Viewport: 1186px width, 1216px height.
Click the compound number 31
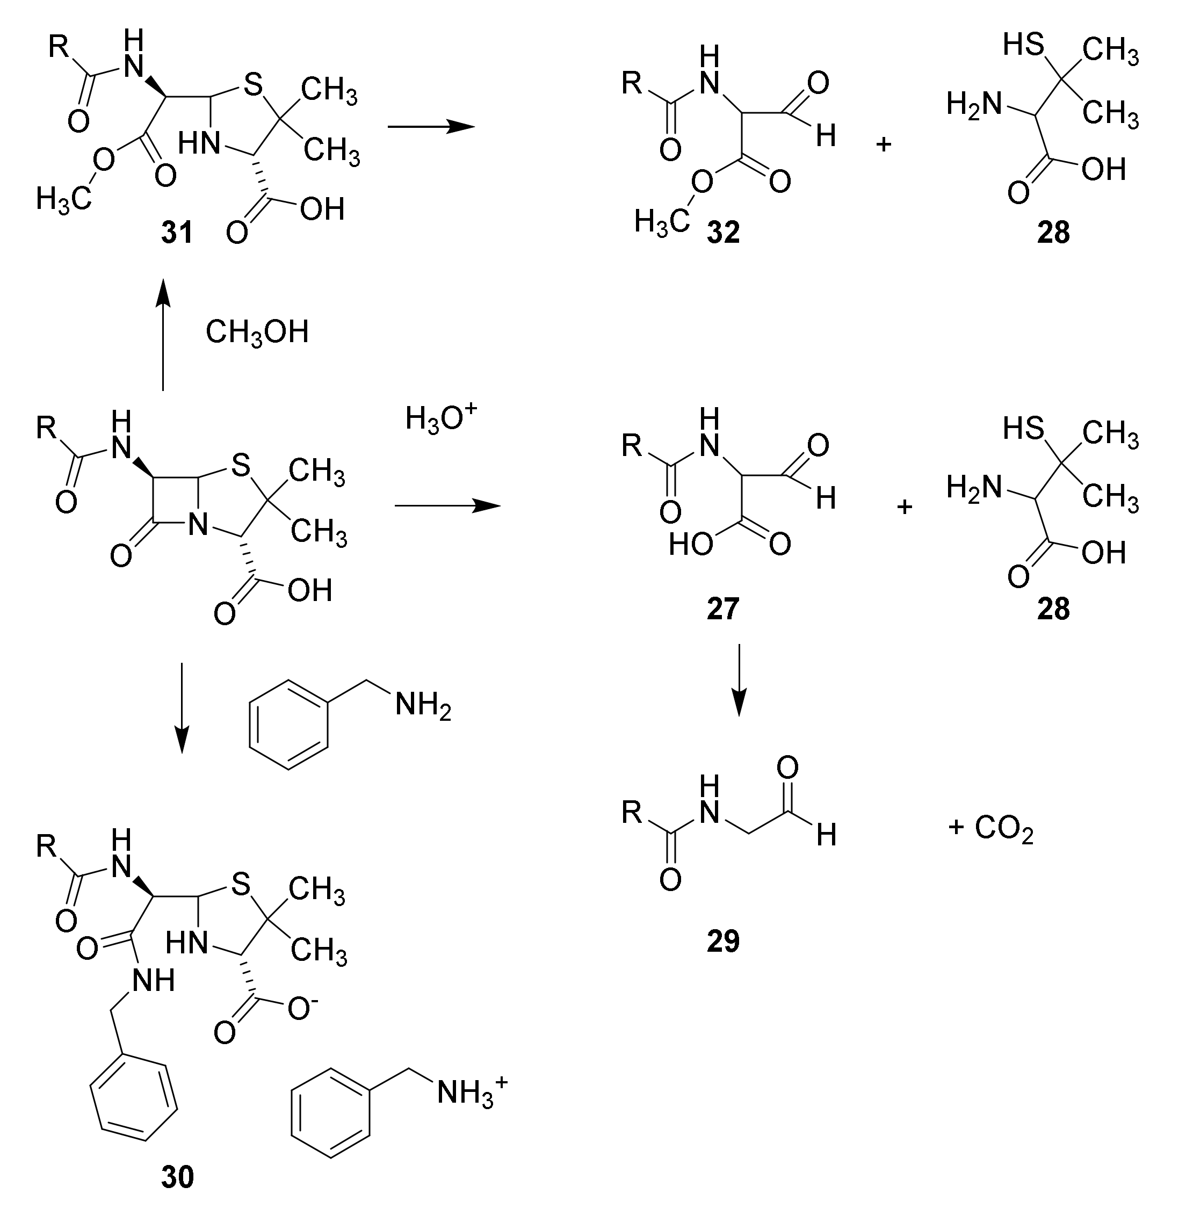(x=177, y=233)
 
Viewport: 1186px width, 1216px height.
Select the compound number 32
(x=722, y=233)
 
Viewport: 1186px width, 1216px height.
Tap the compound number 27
(x=722, y=609)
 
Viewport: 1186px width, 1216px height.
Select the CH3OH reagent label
(x=257, y=332)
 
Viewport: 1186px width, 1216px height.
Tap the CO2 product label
(x=1002, y=829)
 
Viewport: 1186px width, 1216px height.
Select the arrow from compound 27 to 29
(x=738, y=679)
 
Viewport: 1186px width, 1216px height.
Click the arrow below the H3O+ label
(x=447, y=506)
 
